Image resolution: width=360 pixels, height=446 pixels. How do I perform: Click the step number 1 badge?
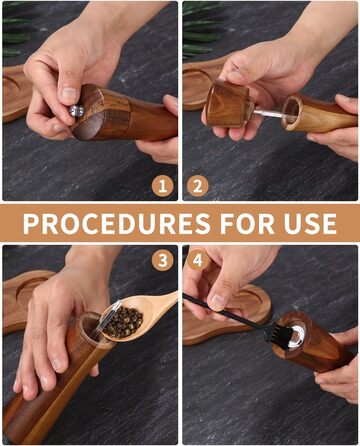(x=162, y=186)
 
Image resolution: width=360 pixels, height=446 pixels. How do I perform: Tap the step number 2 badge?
(x=198, y=186)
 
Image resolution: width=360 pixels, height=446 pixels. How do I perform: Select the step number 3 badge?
(x=162, y=260)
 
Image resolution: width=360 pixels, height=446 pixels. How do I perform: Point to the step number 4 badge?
(x=198, y=260)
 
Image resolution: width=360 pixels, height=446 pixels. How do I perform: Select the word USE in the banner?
(x=310, y=223)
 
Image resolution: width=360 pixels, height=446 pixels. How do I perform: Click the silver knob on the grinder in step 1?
(x=77, y=110)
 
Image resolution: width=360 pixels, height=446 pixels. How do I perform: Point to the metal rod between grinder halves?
(x=268, y=114)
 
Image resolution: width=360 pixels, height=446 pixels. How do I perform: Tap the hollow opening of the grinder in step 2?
(x=292, y=112)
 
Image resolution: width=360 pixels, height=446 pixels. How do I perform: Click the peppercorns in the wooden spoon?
(x=123, y=323)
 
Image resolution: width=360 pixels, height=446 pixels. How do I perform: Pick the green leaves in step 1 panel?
(x=17, y=32)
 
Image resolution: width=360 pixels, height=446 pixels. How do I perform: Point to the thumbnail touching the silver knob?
(x=69, y=93)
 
